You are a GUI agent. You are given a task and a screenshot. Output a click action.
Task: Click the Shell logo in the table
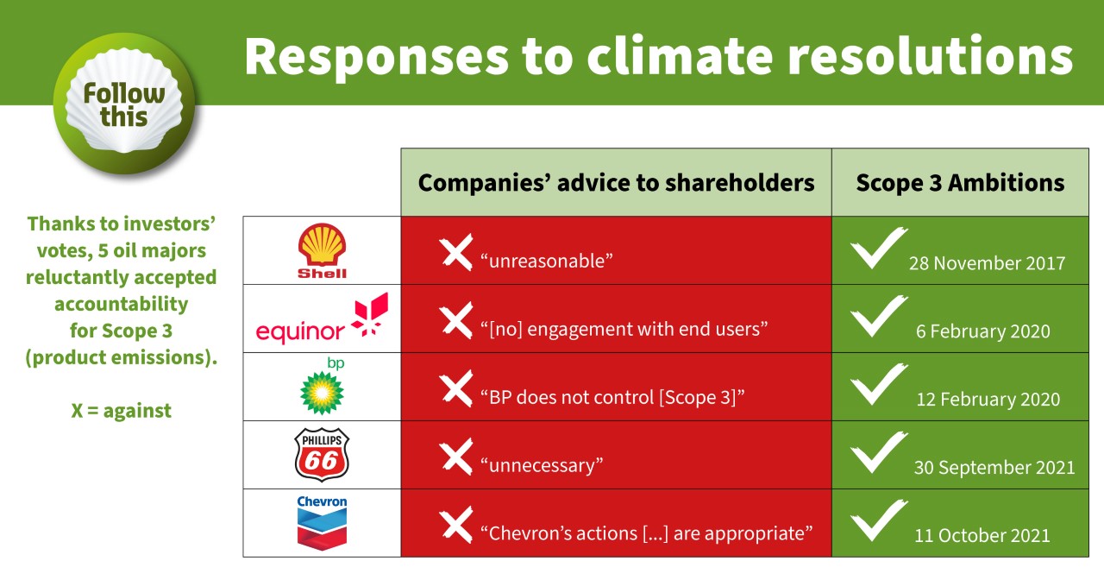(x=322, y=250)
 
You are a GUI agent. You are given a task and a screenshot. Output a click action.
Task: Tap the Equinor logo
(x=322, y=318)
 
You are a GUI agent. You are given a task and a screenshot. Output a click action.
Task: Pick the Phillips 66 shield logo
(x=322, y=454)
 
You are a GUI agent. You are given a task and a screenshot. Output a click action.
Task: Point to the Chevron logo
(x=322, y=523)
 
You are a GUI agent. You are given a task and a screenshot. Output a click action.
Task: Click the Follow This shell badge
(x=124, y=104)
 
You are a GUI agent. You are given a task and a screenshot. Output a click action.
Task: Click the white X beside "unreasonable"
(x=456, y=252)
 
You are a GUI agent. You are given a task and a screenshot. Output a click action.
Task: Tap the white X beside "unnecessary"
(x=456, y=457)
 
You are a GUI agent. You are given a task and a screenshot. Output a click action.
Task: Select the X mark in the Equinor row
(x=456, y=320)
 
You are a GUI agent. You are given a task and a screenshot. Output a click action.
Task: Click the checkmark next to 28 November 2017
(x=877, y=248)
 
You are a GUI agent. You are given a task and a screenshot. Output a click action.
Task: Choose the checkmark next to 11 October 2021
(x=877, y=520)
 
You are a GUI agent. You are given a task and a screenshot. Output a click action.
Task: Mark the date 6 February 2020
(x=982, y=331)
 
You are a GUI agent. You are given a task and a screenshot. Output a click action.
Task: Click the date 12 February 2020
(x=988, y=399)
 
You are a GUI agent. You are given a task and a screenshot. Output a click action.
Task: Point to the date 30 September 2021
(x=994, y=467)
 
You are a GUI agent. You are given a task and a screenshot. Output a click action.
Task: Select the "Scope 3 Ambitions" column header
(x=960, y=182)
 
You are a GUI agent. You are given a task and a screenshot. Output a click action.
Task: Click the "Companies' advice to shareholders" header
(x=616, y=182)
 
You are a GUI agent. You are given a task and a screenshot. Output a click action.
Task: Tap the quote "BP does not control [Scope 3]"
(x=612, y=397)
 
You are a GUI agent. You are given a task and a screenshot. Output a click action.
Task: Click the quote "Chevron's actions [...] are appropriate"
(x=646, y=533)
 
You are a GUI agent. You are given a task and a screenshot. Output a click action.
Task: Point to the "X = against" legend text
(x=122, y=410)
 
